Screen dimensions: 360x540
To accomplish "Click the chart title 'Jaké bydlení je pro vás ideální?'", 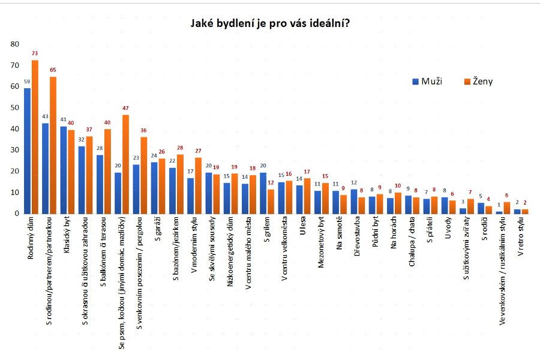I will click(270, 24).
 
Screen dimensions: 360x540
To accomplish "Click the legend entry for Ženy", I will click(478, 81).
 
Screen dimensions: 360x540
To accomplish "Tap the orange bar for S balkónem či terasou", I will click(107, 172).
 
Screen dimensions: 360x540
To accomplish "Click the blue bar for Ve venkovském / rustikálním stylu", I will click(499, 212).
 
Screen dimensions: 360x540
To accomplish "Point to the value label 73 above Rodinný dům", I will click(35, 53).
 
